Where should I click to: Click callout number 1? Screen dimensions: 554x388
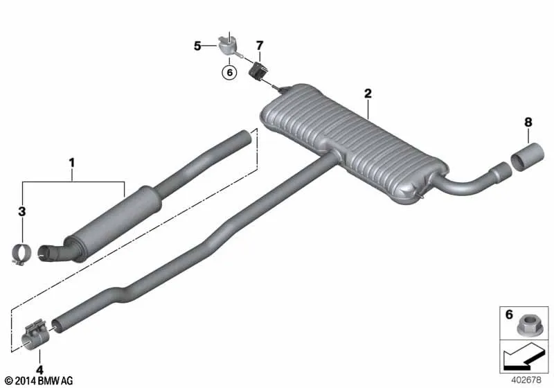point(72,163)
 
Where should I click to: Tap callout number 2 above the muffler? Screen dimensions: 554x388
point(368,94)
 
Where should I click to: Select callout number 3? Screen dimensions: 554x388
point(22,211)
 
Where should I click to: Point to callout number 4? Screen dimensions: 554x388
point(39,370)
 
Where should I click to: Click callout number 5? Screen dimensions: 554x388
point(197,46)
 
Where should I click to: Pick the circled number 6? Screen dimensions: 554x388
point(230,73)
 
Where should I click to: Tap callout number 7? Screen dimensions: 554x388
point(260,46)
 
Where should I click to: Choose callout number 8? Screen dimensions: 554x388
point(528,122)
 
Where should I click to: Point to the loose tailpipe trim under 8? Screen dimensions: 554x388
point(528,156)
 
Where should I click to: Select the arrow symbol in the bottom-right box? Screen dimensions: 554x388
point(524,357)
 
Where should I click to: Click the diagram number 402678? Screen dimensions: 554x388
point(526,380)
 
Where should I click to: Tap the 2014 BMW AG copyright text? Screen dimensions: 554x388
point(39,381)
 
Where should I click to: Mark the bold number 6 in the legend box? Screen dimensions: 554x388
point(509,314)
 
